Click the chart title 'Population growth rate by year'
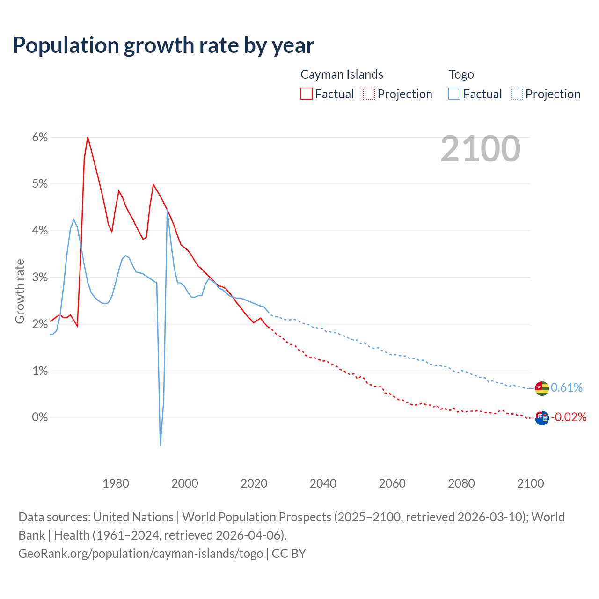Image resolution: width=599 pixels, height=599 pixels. coord(163,45)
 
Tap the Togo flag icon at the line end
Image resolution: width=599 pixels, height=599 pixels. coord(541,388)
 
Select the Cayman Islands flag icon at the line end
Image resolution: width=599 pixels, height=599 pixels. coord(541,418)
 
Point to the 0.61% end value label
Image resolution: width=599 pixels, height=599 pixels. coord(567,388)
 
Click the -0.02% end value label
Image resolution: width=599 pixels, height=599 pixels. coord(569,417)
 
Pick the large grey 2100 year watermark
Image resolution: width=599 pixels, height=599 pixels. coord(480,149)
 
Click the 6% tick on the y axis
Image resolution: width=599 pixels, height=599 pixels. coord(40,138)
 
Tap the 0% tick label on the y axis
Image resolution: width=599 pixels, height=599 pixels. coord(40,417)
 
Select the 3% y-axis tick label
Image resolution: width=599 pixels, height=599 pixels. coord(40,278)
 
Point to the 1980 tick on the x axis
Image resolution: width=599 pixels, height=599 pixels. coord(116,483)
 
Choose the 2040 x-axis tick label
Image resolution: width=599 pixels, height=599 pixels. coord(323,483)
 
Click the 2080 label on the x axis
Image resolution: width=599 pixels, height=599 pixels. coord(461,483)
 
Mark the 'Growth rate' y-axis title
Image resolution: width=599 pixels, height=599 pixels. coord(20,291)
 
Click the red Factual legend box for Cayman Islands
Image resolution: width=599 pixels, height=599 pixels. coord(306,94)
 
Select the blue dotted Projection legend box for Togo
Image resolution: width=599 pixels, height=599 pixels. coord(517,94)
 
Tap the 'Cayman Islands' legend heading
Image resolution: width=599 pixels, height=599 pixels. coord(342,74)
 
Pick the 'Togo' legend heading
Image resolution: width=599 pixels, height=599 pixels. coord(461,74)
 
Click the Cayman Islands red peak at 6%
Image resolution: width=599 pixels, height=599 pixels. coord(88,137)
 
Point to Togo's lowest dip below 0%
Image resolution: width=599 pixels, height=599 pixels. coord(160,445)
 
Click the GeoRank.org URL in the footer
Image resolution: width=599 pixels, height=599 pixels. coord(141,554)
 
